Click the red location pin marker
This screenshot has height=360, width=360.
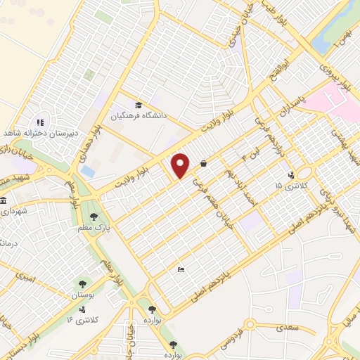click(181, 165)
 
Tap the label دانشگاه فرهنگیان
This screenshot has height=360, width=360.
click(136, 117)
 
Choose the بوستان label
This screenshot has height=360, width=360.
click(83, 297)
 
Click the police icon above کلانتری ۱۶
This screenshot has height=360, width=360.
click(84, 309)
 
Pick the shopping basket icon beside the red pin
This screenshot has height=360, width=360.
click(203, 164)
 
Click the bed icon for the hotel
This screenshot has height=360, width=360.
click(181, 270)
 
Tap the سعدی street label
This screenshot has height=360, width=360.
click(286, 327)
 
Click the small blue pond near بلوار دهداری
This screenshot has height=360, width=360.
click(88, 171)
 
